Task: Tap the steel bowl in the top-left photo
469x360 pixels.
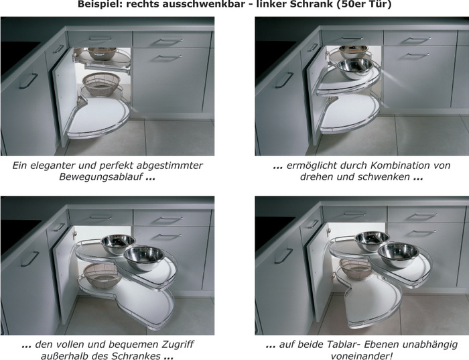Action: tap(101, 52)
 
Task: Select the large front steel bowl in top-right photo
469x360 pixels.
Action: tap(356, 67)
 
